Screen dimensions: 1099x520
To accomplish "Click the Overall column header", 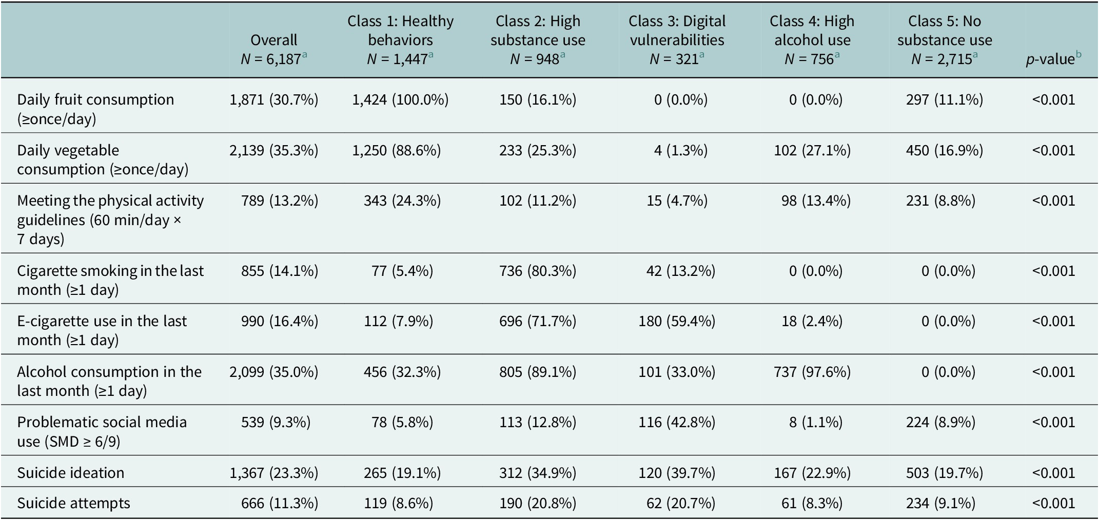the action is (274, 49).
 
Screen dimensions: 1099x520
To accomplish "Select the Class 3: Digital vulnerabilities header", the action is (677, 30).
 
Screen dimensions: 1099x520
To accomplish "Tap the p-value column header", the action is (1053, 59).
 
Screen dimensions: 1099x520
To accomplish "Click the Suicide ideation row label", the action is (71, 472).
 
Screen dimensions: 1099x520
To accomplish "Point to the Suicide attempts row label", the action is (73, 503).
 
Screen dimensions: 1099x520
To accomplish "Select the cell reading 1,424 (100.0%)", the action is (400, 99).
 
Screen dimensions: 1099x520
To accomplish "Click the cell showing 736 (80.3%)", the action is (538, 271).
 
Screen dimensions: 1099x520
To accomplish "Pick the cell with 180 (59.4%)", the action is (677, 321).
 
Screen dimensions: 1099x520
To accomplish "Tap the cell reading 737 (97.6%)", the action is (812, 372).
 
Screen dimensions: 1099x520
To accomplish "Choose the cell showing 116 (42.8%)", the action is (677, 422).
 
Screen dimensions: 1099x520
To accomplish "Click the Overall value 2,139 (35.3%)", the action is (274, 150).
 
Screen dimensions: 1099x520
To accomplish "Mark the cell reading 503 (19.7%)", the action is (945, 472).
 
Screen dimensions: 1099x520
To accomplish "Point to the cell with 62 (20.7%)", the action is (681, 503).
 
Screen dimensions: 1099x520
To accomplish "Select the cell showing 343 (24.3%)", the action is (402, 201).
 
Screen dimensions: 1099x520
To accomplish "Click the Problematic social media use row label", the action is (102, 432).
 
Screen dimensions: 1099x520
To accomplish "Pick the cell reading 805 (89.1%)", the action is (538, 372).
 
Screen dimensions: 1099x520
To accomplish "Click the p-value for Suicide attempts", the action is (1053, 503).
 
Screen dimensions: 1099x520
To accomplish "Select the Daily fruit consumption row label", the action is (95, 109).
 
